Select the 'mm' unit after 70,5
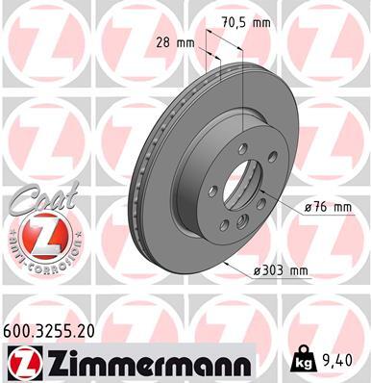[x=261, y=20]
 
